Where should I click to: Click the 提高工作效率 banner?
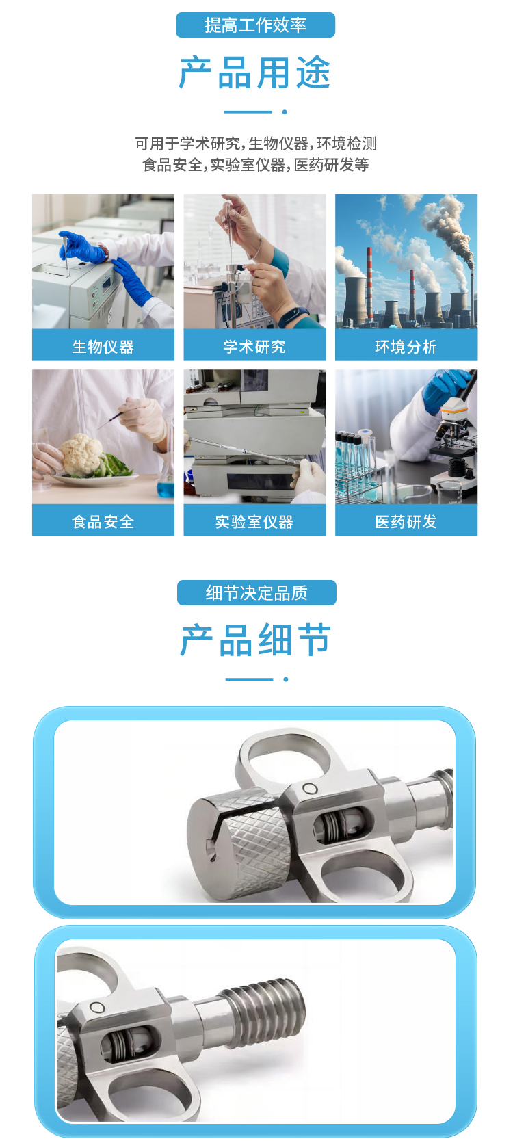point(255,25)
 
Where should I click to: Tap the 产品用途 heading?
point(254,73)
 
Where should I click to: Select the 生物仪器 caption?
point(103,347)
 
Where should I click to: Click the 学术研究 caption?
point(254,347)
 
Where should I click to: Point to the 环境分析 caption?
point(406,347)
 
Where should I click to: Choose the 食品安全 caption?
point(103,522)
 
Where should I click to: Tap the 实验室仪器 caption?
point(254,522)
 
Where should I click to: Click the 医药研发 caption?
point(406,522)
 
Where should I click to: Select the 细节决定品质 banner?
point(256,593)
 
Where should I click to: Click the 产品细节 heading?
point(256,640)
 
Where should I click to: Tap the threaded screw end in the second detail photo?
point(264,1008)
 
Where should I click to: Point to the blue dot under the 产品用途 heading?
point(285,112)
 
